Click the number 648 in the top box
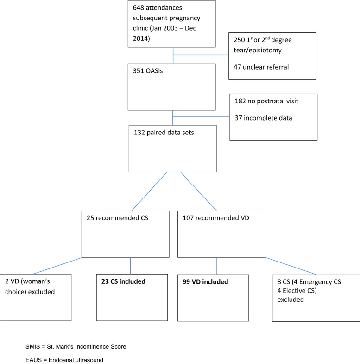point(138,9)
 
